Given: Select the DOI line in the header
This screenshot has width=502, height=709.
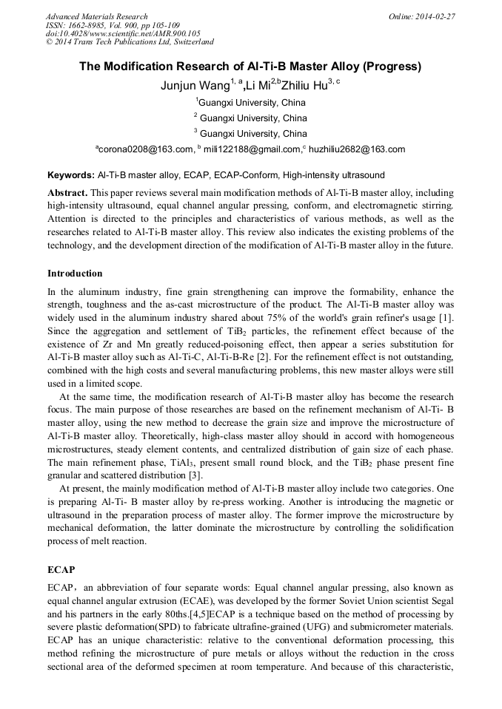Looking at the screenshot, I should point(123,33).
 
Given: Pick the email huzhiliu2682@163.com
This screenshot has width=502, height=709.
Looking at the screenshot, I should point(356,149).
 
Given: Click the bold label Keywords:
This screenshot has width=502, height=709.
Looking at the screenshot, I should point(71,176).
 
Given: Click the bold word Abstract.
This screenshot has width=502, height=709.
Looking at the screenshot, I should point(68,191).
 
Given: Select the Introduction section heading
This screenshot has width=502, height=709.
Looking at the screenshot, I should point(75,274).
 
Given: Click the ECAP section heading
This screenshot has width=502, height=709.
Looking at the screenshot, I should point(61,571).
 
